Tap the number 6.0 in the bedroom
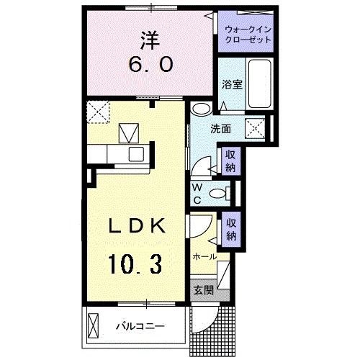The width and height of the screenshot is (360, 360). pyautogui.click(x=151, y=65)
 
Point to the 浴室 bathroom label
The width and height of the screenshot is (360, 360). pyautogui.click(x=231, y=84)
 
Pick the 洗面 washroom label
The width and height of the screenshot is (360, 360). pyautogui.click(x=220, y=129)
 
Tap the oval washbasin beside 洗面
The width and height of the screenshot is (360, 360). pyautogui.click(x=202, y=110)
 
